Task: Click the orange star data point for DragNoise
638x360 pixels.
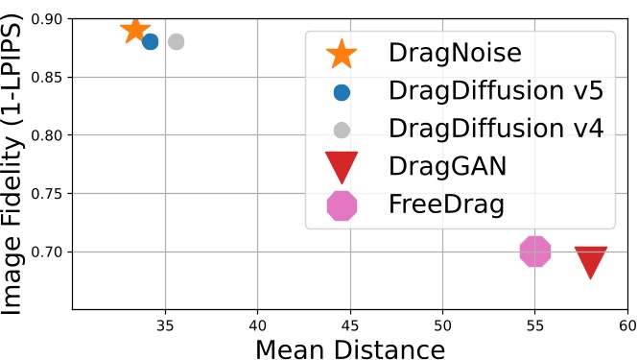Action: [x=135, y=31]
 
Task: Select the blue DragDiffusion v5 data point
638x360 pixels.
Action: [x=150, y=41]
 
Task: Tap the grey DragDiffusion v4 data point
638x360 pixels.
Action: [x=176, y=41]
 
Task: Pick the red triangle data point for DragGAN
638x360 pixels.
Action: [x=591, y=261]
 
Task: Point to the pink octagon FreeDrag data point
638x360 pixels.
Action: [x=535, y=252]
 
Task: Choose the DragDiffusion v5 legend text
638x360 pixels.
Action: [x=495, y=91]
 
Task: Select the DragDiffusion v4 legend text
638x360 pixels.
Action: [x=495, y=129]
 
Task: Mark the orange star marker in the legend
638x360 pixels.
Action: [x=342, y=54]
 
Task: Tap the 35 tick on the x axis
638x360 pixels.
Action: [x=164, y=325]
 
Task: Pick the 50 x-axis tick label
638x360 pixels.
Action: [x=442, y=325]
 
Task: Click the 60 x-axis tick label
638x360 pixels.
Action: [x=628, y=325]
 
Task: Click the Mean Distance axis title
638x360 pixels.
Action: [x=350, y=348]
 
